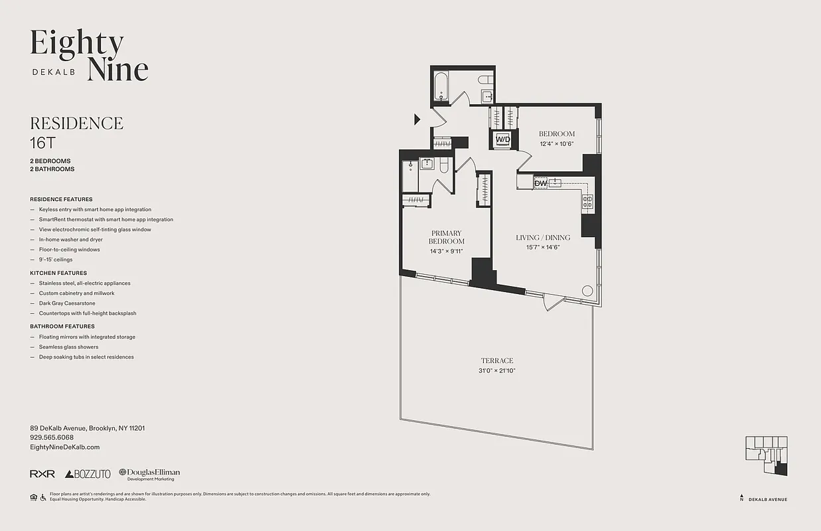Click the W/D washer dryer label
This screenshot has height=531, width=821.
pos(502,139)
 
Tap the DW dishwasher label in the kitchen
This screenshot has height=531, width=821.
pos(540,183)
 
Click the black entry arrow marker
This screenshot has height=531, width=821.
pos(417,119)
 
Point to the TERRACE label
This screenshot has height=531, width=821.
pos(497,361)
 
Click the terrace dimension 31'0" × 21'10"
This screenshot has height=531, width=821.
pos(497,371)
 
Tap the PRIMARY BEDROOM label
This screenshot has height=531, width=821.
pos(447,237)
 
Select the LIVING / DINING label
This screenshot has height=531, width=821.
pos(543,238)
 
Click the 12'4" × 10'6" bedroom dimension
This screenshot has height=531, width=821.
pos(556,143)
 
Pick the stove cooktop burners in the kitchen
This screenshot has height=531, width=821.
pos(587,202)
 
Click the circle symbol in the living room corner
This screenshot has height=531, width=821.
pos(587,290)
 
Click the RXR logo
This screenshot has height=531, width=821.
pos(42,474)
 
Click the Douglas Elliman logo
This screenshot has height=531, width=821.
pos(149,474)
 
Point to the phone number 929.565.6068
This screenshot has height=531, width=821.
pos(52,437)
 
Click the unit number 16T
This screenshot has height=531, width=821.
pos(41,142)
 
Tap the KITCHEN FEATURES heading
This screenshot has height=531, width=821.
pos(58,273)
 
